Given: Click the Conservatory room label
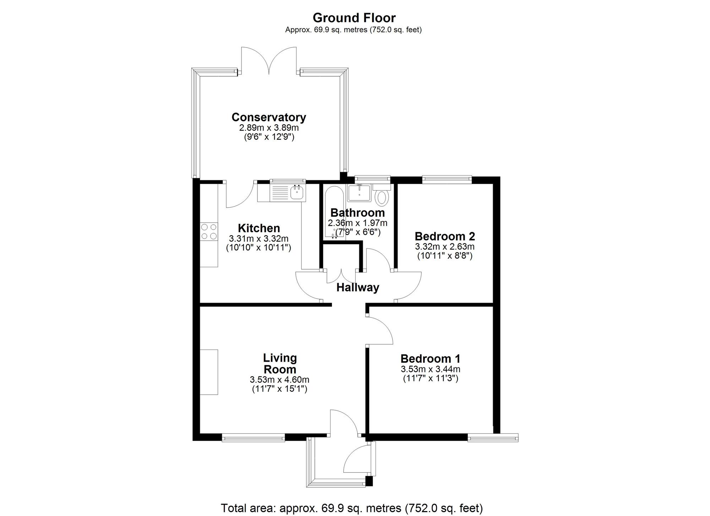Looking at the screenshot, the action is [269, 117].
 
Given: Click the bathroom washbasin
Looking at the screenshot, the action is [359, 193].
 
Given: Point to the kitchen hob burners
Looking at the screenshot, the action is [209, 231].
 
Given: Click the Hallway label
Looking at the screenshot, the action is [358, 287].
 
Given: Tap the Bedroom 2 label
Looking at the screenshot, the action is [445, 236].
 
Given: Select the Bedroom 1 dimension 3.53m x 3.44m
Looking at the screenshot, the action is [431, 369].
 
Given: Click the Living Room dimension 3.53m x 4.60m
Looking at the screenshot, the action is [279, 380].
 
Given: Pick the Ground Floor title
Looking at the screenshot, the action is [354, 17].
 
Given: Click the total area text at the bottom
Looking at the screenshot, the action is [352, 508].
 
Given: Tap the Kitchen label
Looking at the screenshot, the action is [259, 228].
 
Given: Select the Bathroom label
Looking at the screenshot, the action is [357, 213].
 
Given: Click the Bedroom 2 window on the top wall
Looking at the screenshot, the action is [447, 180].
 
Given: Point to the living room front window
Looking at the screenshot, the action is [253, 438].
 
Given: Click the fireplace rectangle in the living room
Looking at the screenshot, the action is [209, 372].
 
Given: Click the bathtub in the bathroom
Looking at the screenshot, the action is [333, 212].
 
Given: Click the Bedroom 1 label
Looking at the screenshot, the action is [431, 358].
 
